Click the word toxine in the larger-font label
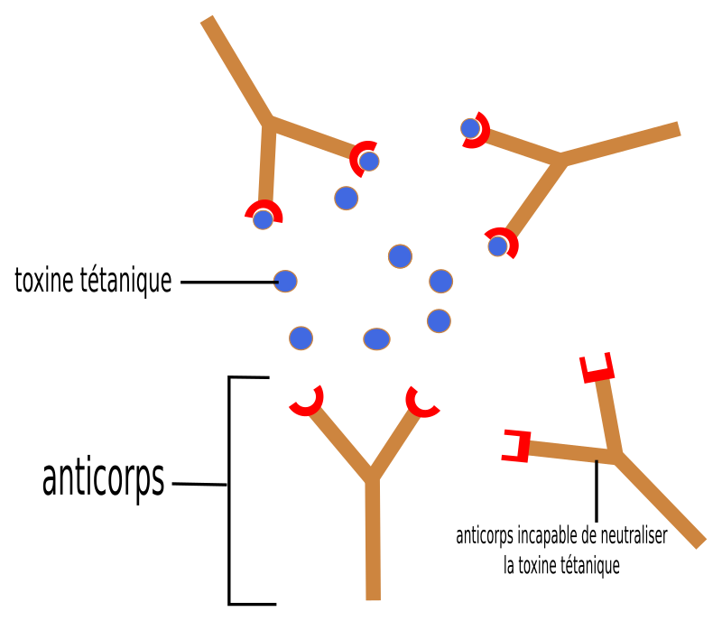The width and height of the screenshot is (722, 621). pos(44,280)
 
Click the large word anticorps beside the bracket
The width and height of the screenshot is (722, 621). pos(103,479)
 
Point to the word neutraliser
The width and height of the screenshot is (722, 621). pos(634,535)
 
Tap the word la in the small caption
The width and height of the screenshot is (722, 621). pos(509,565)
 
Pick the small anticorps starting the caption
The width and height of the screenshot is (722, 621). pos(485,537)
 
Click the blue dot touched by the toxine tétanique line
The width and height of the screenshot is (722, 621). pos(285,281)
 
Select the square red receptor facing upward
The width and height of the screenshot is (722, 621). pos(597,367)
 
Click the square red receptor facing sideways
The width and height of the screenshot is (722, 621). pos(516,446)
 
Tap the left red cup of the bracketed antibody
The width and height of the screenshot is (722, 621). pos(307,401)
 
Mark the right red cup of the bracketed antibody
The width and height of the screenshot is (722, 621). pos(421,403)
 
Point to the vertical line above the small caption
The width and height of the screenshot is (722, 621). pos(597,491)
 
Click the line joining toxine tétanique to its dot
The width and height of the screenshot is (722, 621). pos(229,282)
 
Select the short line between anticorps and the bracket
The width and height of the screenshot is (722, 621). pos(199,484)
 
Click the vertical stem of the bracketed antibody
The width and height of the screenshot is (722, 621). pos(373,539)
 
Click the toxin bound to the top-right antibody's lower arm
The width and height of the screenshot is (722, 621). pos(498,246)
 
